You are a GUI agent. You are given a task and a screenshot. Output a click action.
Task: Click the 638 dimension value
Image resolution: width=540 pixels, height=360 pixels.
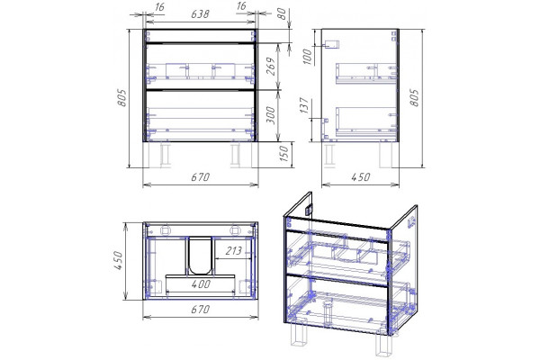[x=200, y=14]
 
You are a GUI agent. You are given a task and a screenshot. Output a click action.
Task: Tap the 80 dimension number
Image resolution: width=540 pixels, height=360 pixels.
[x=282, y=13]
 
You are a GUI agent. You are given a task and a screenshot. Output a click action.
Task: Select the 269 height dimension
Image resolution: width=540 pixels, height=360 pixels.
[x=271, y=67]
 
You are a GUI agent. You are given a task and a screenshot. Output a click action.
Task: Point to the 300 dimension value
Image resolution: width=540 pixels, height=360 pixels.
[x=271, y=115]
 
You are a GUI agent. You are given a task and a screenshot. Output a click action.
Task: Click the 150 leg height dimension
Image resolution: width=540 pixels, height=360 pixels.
[x=283, y=154]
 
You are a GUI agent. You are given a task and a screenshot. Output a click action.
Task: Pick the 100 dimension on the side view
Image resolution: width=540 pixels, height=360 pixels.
[x=307, y=57]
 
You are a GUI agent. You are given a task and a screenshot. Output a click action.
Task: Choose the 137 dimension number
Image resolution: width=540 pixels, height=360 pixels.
[x=304, y=105]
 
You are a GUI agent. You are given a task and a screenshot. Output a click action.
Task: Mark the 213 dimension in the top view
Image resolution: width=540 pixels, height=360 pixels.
[x=233, y=251]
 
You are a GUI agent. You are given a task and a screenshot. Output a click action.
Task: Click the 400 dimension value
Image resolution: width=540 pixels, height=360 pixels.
[x=201, y=283]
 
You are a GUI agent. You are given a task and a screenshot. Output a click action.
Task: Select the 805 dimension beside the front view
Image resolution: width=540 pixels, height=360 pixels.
[x=121, y=98]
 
